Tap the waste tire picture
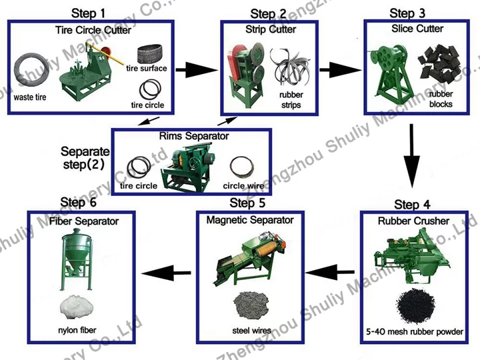coord(31,71)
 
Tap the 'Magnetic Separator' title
coord(250,219)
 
